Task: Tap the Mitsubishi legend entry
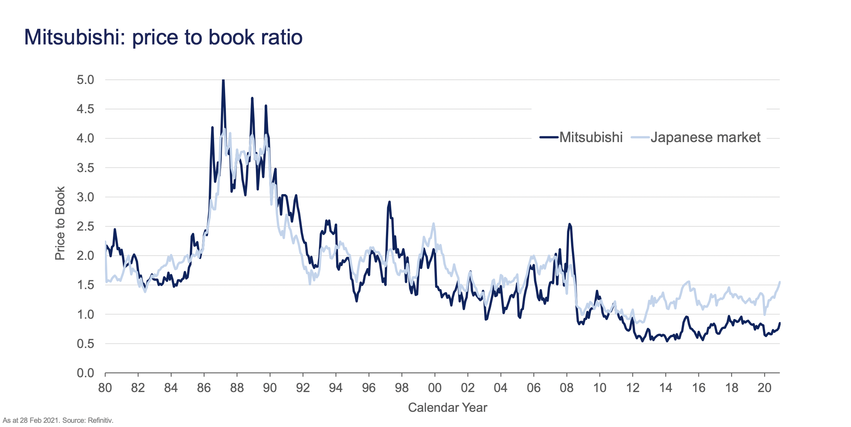(x=591, y=137)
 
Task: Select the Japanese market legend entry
(x=705, y=137)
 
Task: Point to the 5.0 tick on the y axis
(x=85, y=80)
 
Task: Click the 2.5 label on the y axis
(x=85, y=226)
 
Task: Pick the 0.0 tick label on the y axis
(x=85, y=373)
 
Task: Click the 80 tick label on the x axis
(x=105, y=387)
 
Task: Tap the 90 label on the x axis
(x=270, y=387)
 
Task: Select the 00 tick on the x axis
(x=435, y=387)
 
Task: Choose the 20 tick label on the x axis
(x=764, y=387)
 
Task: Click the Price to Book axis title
(x=60, y=223)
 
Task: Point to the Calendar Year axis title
(x=447, y=408)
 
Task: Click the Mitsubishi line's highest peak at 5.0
(x=223, y=81)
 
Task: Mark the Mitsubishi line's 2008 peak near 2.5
(x=569, y=224)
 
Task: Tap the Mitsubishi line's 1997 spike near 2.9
(x=389, y=202)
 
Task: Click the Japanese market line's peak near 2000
(x=433, y=224)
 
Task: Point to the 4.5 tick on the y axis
(x=85, y=109)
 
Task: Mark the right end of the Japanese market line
(x=780, y=282)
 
